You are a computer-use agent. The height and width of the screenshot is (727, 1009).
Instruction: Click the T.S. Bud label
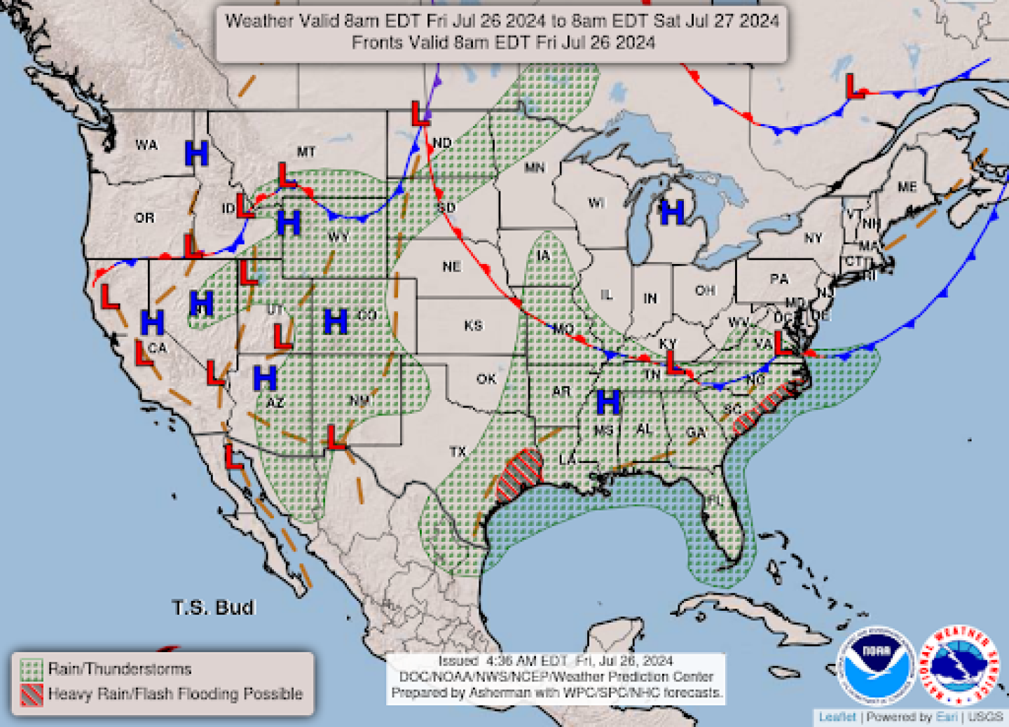point(214,607)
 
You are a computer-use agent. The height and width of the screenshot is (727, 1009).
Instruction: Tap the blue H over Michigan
point(672,212)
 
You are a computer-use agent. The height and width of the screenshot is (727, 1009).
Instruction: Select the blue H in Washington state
point(197,153)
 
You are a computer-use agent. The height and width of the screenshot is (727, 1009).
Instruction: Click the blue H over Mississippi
point(608,402)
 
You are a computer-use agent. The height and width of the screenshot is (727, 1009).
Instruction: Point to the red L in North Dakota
point(420,113)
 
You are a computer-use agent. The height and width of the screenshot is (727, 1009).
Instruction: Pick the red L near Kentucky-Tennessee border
point(673,363)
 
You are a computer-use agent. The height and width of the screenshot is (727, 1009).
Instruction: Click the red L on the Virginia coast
point(783,343)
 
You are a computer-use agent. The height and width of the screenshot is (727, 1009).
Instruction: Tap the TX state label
point(458,452)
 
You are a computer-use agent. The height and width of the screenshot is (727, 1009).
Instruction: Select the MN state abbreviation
point(535,167)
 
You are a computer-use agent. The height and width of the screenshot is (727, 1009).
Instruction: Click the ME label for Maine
point(907,187)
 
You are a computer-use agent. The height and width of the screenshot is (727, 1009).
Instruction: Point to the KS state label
point(474,326)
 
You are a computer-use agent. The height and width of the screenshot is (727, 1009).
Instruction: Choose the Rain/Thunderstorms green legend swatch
point(32,670)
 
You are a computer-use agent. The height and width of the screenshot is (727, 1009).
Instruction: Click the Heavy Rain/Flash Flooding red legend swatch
point(32,695)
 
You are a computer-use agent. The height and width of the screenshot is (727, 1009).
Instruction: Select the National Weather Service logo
point(959,664)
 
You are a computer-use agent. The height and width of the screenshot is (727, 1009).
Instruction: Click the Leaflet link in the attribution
point(837,716)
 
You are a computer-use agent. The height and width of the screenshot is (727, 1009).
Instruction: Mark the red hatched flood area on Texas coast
point(520,475)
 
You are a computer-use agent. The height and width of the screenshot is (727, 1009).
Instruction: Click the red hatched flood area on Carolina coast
point(765,406)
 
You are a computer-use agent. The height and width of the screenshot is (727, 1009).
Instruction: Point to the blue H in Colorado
point(336,321)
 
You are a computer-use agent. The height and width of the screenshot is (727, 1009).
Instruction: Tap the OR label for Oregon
point(144,218)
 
